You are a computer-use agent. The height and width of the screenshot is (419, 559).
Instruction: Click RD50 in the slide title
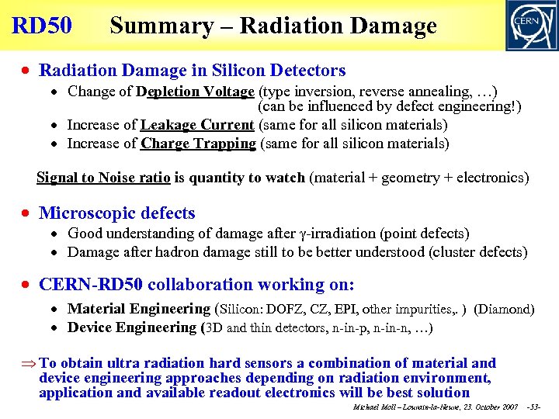[x=42, y=26]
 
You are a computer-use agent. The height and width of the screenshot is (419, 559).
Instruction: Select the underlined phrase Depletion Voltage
[x=195, y=91]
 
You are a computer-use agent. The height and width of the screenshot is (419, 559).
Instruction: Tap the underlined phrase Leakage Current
[x=197, y=124]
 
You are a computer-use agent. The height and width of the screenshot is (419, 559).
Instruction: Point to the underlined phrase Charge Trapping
[x=198, y=143]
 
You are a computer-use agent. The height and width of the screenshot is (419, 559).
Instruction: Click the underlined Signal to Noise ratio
[x=103, y=178]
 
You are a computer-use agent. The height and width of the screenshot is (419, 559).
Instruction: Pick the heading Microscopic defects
[x=117, y=213]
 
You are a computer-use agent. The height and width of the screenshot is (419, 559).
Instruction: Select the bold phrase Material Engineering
[x=139, y=309]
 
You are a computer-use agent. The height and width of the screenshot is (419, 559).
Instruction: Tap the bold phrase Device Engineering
[x=132, y=327]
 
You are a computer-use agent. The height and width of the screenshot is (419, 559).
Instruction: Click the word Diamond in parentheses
[x=504, y=309]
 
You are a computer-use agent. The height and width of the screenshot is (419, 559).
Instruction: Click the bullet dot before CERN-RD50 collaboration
[x=27, y=285]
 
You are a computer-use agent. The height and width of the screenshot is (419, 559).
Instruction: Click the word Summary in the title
[x=161, y=26]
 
